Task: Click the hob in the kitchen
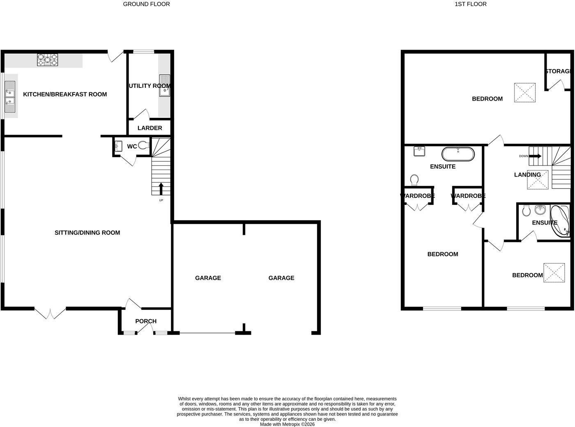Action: pyautogui.click(x=48, y=60)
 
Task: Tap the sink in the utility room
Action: pyautogui.click(x=165, y=85)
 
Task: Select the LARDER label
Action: pyautogui.click(x=150, y=128)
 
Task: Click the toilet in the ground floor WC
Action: pyautogui.click(x=144, y=145)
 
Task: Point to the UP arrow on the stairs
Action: pyautogui.click(x=161, y=189)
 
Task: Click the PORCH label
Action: pyautogui.click(x=146, y=321)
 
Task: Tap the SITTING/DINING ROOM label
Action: pyautogui.click(x=87, y=233)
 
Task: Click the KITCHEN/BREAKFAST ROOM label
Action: pyautogui.click(x=65, y=94)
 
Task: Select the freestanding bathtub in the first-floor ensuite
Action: pyautogui.click(x=458, y=154)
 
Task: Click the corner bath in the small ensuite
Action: pyautogui.click(x=560, y=221)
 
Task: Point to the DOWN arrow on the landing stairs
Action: pyautogui.click(x=535, y=156)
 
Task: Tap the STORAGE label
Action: pyautogui.click(x=558, y=71)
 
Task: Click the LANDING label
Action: pyautogui.click(x=527, y=175)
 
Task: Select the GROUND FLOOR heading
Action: pyautogui.click(x=147, y=4)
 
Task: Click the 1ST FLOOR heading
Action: pyautogui.click(x=471, y=4)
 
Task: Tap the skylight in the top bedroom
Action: pyautogui.click(x=525, y=92)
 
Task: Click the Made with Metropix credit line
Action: pyautogui.click(x=287, y=425)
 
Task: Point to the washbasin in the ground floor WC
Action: pyautogui.click(x=118, y=146)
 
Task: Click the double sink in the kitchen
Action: pyautogui.click(x=10, y=97)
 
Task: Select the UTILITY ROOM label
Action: pyautogui.click(x=149, y=86)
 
